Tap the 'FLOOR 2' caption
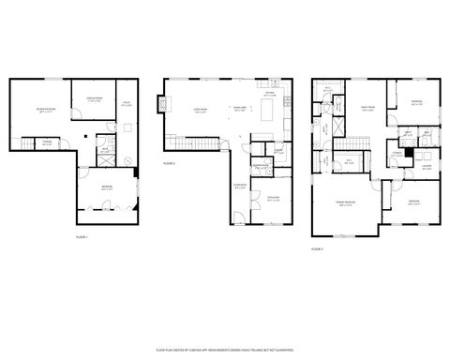pos(169,163)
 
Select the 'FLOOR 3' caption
pos(317,248)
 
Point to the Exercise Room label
pos(94,99)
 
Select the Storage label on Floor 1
pos(46,142)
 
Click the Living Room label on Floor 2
pos(200,109)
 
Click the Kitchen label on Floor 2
pos(268,94)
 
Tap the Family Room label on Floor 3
pos(366,109)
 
